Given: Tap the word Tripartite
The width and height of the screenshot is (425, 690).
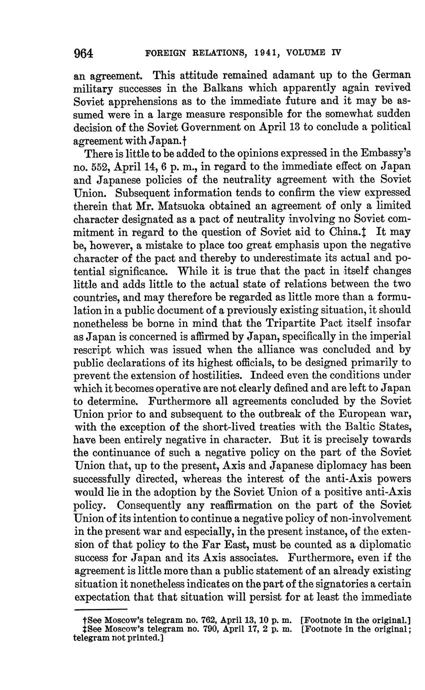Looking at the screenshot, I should pyautogui.click(x=294, y=323).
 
